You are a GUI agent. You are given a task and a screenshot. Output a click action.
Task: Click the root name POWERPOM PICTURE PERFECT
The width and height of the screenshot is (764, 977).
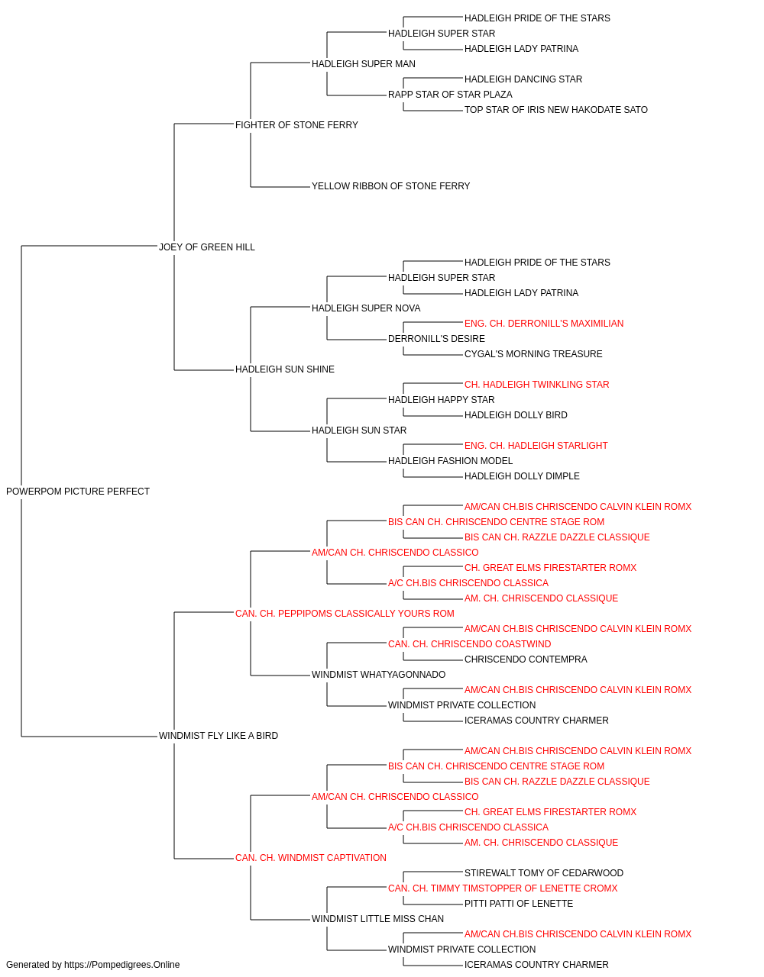tap(78, 492)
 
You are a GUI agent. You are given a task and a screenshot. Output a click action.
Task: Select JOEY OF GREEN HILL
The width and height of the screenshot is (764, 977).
tap(207, 247)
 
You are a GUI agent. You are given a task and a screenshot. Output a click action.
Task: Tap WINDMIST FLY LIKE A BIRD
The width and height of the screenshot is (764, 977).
tap(219, 736)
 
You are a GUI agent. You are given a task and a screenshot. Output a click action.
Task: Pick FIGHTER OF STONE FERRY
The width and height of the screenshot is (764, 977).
tap(297, 125)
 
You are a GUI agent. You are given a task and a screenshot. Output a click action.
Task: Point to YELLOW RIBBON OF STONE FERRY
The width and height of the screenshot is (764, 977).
tap(391, 186)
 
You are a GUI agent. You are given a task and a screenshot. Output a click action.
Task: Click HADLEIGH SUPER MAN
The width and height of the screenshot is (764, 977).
tap(364, 64)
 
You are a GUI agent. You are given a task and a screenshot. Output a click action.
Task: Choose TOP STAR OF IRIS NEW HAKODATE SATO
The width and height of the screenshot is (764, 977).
tap(556, 110)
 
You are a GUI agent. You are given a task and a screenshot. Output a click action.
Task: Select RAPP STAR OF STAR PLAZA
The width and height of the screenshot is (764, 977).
tap(451, 95)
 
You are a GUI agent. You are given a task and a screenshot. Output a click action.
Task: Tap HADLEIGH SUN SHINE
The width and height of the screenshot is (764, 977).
tap(285, 369)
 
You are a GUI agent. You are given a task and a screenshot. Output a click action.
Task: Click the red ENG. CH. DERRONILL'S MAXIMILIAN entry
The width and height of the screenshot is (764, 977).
tap(544, 324)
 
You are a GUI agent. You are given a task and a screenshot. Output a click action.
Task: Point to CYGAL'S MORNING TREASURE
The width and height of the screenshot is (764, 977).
tap(533, 354)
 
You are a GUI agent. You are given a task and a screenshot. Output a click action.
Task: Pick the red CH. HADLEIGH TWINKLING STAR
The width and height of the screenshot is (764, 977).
tap(537, 385)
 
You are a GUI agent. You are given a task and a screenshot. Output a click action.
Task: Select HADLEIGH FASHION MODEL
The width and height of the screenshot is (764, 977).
tap(451, 461)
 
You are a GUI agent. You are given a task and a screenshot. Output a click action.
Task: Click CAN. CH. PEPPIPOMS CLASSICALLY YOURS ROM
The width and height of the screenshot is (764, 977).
tap(345, 614)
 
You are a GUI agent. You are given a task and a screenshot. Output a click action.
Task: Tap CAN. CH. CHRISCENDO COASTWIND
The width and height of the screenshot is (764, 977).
tap(470, 644)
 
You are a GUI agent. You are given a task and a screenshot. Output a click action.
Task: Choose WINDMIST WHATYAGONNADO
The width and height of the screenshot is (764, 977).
tap(378, 675)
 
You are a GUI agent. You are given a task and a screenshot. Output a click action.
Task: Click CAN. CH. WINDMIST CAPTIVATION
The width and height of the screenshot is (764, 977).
tap(311, 858)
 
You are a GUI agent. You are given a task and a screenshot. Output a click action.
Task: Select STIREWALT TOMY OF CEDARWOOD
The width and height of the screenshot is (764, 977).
tap(544, 873)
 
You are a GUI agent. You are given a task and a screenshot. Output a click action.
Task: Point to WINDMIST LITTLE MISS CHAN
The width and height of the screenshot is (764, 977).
tap(378, 919)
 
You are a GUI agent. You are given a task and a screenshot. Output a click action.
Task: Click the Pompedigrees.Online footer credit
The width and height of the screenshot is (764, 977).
tap(92, 965)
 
